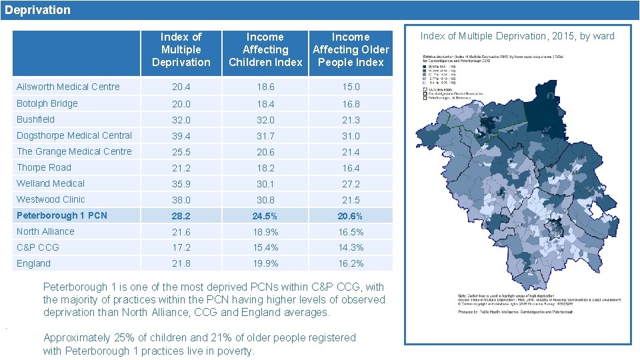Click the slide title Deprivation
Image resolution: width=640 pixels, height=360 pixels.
point(37,10)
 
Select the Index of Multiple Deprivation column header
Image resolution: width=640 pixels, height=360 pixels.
point(181,50)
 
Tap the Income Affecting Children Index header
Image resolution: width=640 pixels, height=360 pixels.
point(265,50)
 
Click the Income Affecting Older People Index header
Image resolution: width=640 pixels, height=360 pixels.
point(351,50)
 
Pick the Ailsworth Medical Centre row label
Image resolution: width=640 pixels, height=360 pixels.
point(68,87)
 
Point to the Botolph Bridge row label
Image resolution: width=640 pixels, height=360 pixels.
point(47,103)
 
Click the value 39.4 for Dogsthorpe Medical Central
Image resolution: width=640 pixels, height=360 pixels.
point(181,135)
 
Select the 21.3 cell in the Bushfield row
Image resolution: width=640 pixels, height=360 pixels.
point(351,119)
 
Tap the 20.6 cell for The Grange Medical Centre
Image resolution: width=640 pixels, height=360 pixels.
point(265,151)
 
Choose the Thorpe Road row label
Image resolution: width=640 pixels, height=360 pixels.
point(43,167)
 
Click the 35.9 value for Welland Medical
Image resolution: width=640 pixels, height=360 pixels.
point(181,183)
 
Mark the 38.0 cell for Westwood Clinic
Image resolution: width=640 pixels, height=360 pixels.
point(181,199)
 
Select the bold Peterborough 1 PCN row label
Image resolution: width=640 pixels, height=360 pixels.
point(61,215)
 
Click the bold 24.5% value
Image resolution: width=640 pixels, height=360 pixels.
point(265,215)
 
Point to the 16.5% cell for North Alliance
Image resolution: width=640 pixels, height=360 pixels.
point(351,231)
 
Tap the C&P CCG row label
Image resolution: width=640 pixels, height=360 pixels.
point(37,247)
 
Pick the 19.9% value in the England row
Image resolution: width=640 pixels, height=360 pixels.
point(265,263)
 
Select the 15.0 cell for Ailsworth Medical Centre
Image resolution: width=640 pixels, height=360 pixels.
point(351,87)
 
